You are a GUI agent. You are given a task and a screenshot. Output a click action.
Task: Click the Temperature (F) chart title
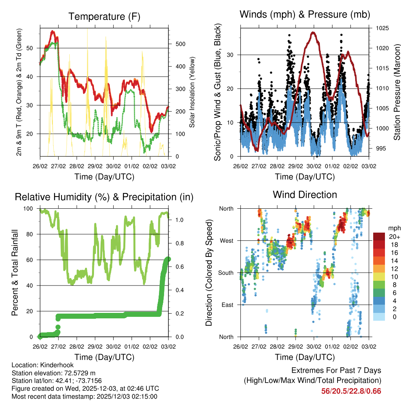(104, 16)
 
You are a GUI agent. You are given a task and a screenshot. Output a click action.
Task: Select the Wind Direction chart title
(305, 195)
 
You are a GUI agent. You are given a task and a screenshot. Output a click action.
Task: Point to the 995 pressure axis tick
(379, 148)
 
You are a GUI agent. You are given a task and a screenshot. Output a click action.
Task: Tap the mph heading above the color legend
(394, 228)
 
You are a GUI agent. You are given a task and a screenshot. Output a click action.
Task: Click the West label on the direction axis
(226, 240)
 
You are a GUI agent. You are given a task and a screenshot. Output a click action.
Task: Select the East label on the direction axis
(227, 305)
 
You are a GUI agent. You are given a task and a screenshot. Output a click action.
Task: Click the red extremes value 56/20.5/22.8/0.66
(351, 391)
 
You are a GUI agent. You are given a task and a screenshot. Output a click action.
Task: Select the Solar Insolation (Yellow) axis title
(192, 92)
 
